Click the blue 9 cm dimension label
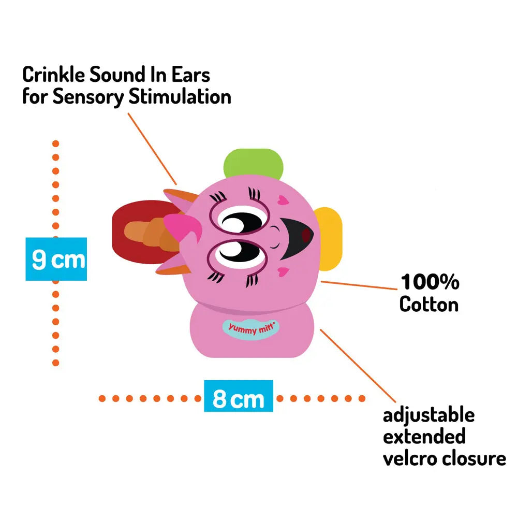click(x=56, y=258)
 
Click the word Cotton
click(x=429, y=304)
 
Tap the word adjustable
click(x=429, y=415)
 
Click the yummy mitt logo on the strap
click(x=250, y=328)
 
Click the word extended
click(x=424, y=437)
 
